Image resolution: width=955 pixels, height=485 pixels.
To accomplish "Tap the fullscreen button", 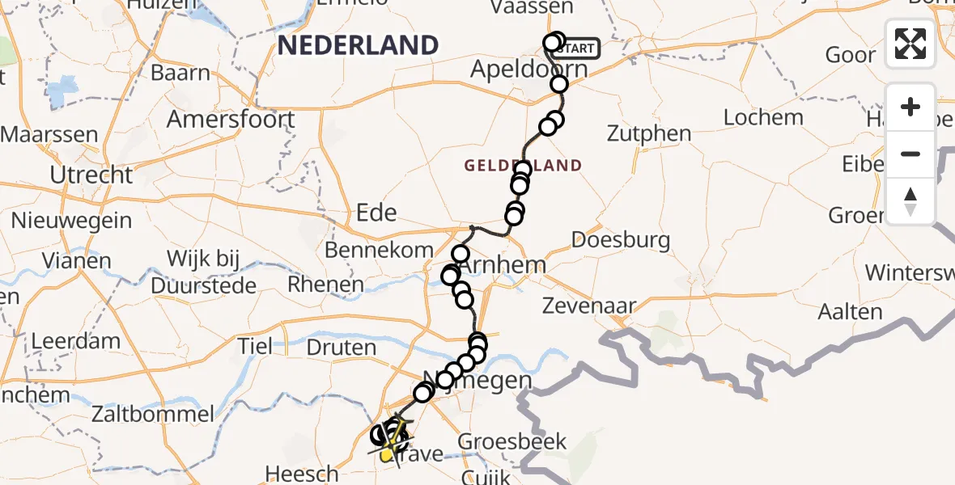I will (910, 44).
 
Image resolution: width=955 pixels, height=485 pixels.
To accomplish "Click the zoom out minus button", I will (910, 154).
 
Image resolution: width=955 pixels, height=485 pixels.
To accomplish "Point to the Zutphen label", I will (649, 133).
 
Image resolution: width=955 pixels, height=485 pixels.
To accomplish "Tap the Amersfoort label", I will (231, 120).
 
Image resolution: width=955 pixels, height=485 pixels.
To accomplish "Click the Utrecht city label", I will (91, 174).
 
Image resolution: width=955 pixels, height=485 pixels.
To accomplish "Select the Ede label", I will (376, 213).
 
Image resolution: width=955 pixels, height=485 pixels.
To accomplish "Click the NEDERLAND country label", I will (358, 45).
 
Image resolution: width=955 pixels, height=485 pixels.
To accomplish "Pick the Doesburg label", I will (621, 239).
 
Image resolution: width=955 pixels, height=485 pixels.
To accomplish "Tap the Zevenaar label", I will (601, 306).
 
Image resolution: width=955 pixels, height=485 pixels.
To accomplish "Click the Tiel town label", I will (256, 346).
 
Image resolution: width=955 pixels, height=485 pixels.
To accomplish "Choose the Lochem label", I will (763, 117).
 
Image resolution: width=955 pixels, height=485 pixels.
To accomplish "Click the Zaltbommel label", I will (153, 415).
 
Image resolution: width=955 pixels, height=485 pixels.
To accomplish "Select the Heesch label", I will (303, 473).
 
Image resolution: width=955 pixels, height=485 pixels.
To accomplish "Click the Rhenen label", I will (326, 285).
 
